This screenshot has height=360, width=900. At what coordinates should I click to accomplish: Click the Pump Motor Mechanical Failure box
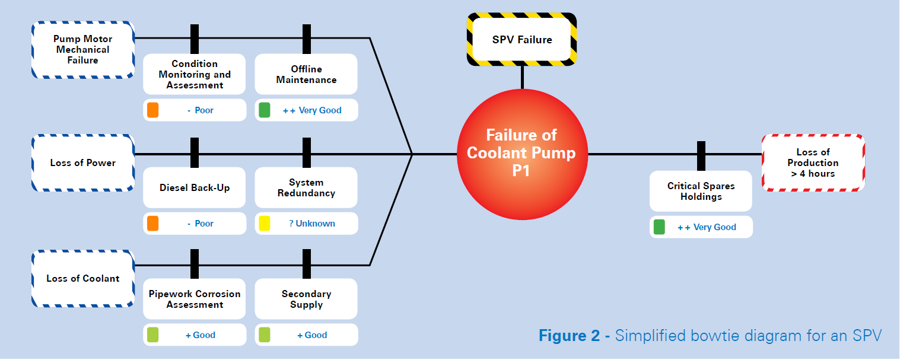(82, 50)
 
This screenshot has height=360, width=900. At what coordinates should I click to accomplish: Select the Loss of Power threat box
(82, 163)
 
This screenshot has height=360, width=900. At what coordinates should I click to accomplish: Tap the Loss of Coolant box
(82, 279)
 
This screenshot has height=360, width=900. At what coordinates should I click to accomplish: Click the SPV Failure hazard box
(522, 40)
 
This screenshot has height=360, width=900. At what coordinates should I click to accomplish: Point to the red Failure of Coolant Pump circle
(521, 154)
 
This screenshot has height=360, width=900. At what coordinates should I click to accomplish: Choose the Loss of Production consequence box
(813, 163)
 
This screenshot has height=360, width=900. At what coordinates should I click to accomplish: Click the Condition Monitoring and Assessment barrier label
(195, 75)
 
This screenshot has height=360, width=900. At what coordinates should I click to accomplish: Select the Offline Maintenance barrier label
(306, 75)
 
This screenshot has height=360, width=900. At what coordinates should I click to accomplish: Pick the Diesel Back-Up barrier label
(195, 188)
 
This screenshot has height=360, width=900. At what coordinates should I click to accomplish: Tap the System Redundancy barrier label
(306, 188)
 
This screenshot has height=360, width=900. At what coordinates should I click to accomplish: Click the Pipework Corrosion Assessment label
(195, 300)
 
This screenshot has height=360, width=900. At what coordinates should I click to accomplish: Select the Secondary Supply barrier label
(306, 300)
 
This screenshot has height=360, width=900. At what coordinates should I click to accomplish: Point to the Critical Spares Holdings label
(701, 192)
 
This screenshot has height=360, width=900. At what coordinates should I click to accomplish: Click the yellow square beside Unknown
(265, 224)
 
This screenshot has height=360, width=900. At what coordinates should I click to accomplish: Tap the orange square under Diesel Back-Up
(153, 224)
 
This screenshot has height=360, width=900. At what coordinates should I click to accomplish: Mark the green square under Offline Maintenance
(265, 110)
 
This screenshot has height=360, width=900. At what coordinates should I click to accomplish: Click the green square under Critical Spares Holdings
(659, 227)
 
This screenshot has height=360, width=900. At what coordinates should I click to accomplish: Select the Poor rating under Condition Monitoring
(201, 110)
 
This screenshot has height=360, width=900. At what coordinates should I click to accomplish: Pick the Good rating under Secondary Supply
(312, 335)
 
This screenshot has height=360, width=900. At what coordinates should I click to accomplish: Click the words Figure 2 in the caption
(569, 336)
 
